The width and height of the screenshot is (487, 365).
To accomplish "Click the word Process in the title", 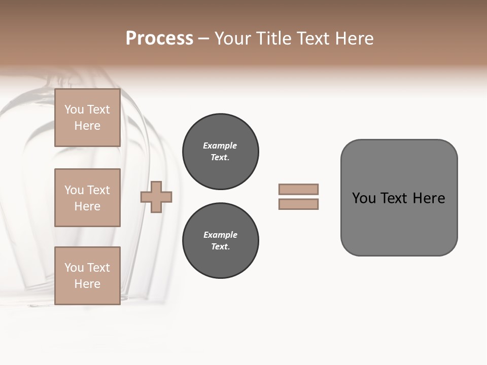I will (x=159, y=39).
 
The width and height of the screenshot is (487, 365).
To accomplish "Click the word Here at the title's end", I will (x=354, y=39).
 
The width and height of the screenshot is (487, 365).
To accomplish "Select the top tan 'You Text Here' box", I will (x=87, y=118).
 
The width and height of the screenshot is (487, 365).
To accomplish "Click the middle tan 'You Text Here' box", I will (x=87, y=198).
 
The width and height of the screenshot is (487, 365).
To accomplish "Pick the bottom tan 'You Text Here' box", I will (x=87, y=276).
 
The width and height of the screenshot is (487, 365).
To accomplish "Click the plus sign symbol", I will (x=156, y=197).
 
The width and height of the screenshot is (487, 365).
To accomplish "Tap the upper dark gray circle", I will (x=220, y=152).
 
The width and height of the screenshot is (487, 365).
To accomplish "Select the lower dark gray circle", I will (x=220, y=241).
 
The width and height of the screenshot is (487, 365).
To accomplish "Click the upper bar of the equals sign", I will (x=298, y=189).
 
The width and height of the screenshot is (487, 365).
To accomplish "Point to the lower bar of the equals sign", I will (x=298, y=204).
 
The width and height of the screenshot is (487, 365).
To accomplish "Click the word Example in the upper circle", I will (x=220, y=145).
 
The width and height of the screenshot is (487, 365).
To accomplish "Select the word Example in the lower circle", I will (x=220, y=235).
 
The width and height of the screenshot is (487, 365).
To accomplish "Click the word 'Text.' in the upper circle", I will (x=220, y=158).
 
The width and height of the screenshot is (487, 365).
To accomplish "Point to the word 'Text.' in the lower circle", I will (x=220, y=247).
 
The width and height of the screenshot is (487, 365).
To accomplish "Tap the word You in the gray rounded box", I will (x=364, y=198).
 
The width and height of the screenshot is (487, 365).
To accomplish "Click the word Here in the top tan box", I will (x=87, y=126).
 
